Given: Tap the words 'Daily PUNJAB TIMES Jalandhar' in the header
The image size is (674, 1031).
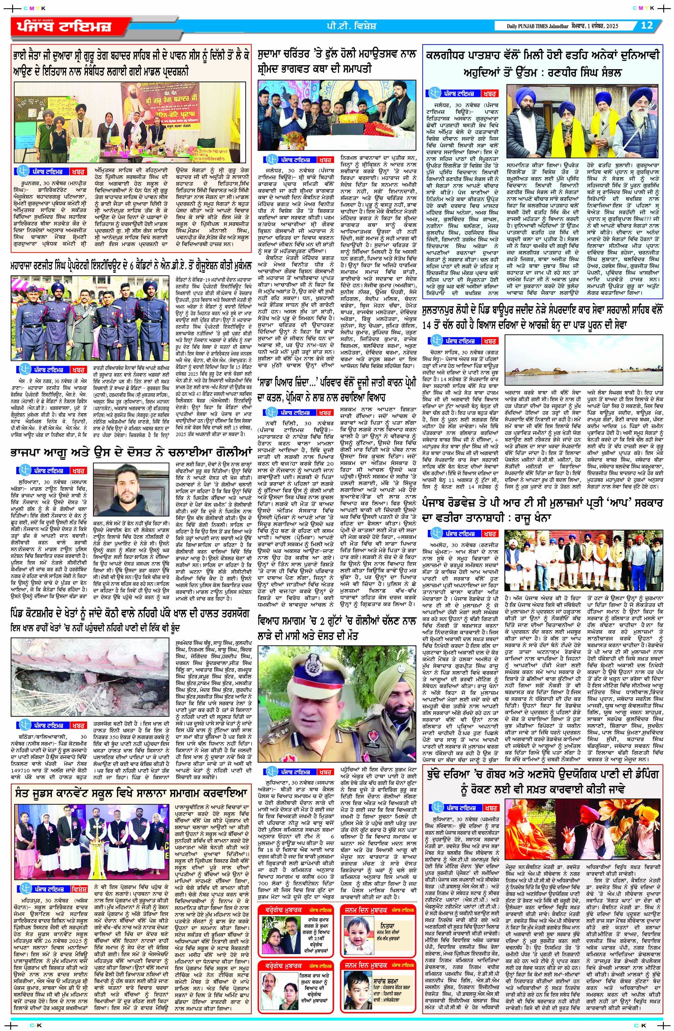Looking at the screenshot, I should point(543,26).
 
